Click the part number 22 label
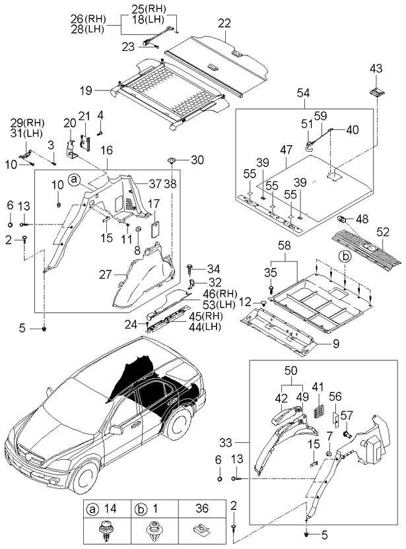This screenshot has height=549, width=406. (x=225, y=24)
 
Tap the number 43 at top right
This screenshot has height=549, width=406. (x=375, y=68)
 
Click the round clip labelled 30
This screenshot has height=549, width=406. (x=172, y=160)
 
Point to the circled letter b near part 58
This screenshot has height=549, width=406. (x=345, y=255)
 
